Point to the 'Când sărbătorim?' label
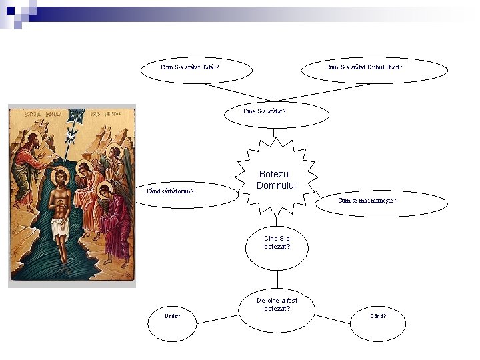click(170, 191)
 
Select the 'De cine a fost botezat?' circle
click(277, 309)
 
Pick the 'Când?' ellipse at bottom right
click(378, 316)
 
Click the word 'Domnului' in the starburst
click(276, 185)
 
